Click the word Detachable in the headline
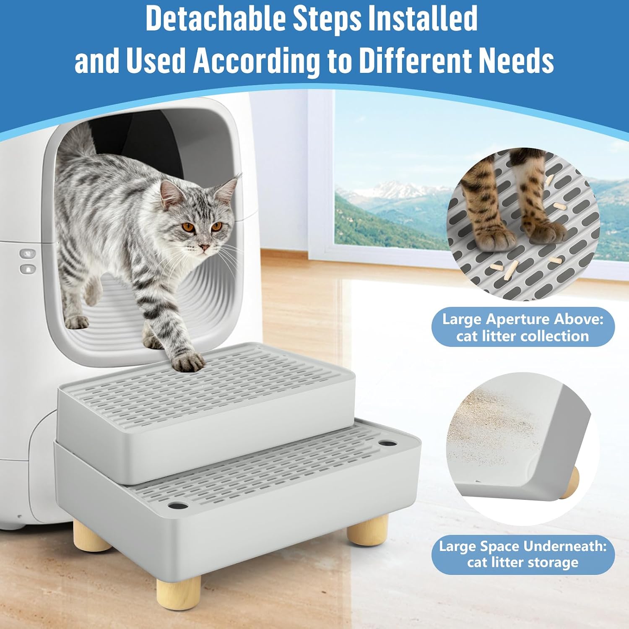(215, 19)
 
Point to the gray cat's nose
(204, 248)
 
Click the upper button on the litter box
(28, 254)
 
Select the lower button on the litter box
(28, 269)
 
